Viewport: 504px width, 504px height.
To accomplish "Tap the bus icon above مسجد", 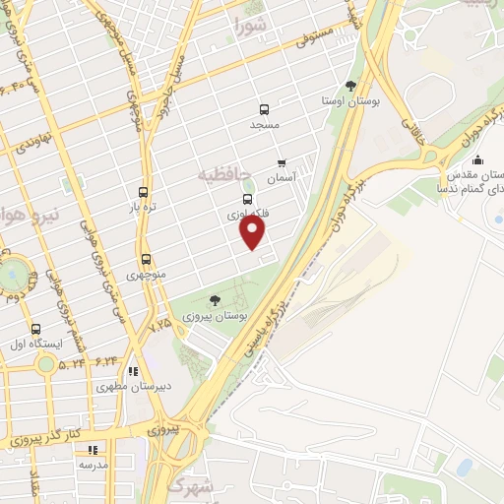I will (x=263, y=109).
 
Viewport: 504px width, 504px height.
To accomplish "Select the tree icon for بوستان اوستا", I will (x=352, y=86).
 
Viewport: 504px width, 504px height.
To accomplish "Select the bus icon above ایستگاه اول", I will (x=36, y=329).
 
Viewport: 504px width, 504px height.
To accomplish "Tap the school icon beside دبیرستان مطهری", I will (x=131, y=371).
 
